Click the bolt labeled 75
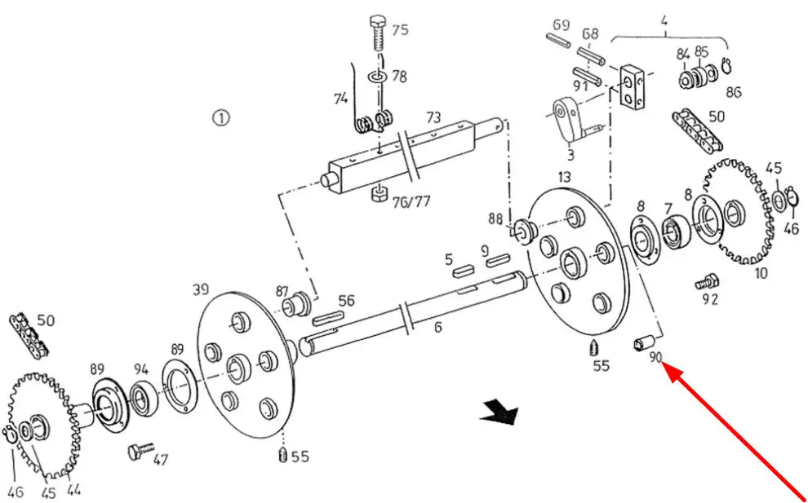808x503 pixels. click(378, 33)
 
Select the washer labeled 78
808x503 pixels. click(379, 77)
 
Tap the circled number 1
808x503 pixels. click(220, 118)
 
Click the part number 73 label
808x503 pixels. click(433, 118)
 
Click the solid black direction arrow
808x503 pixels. click(499, 413)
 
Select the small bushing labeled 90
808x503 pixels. click(644, 342)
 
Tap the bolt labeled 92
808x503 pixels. click(707, 281)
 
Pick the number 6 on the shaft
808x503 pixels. click(437, 327)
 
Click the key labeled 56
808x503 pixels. click(326, 318)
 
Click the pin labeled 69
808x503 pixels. click(557, 42)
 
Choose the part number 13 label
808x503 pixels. click(564, 177)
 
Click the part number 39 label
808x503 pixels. click(201, 290)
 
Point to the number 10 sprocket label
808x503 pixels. click(761, 273)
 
